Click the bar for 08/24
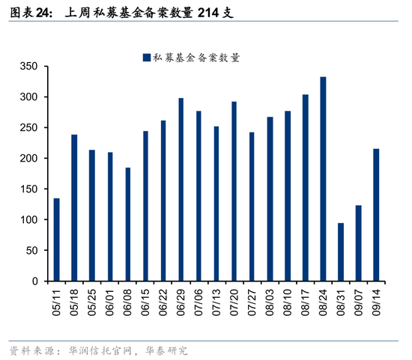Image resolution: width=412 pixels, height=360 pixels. tap(323, 179)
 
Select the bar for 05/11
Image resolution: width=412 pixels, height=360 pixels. tap(56, 240)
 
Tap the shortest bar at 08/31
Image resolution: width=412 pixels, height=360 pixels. tap(341, 252)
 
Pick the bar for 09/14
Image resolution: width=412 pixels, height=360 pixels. tap(376, 215)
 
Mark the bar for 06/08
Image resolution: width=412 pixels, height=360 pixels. tap(127, 224)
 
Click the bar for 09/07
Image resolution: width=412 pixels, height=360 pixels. tap(359, 243)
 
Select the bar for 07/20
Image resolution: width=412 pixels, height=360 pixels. tap(234, 192)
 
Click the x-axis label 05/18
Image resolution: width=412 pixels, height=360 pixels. tap(74, 302)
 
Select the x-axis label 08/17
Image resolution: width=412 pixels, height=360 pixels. tap(305, 302)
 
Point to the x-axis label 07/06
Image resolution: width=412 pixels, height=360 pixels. tap(199, 302)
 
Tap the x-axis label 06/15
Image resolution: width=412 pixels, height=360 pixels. tap(145, 302)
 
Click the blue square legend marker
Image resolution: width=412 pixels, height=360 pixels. tap(146, 57)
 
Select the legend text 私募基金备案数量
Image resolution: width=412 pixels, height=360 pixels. tap(196, 57)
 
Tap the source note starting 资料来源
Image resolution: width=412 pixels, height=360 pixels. tap(97, 350)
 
